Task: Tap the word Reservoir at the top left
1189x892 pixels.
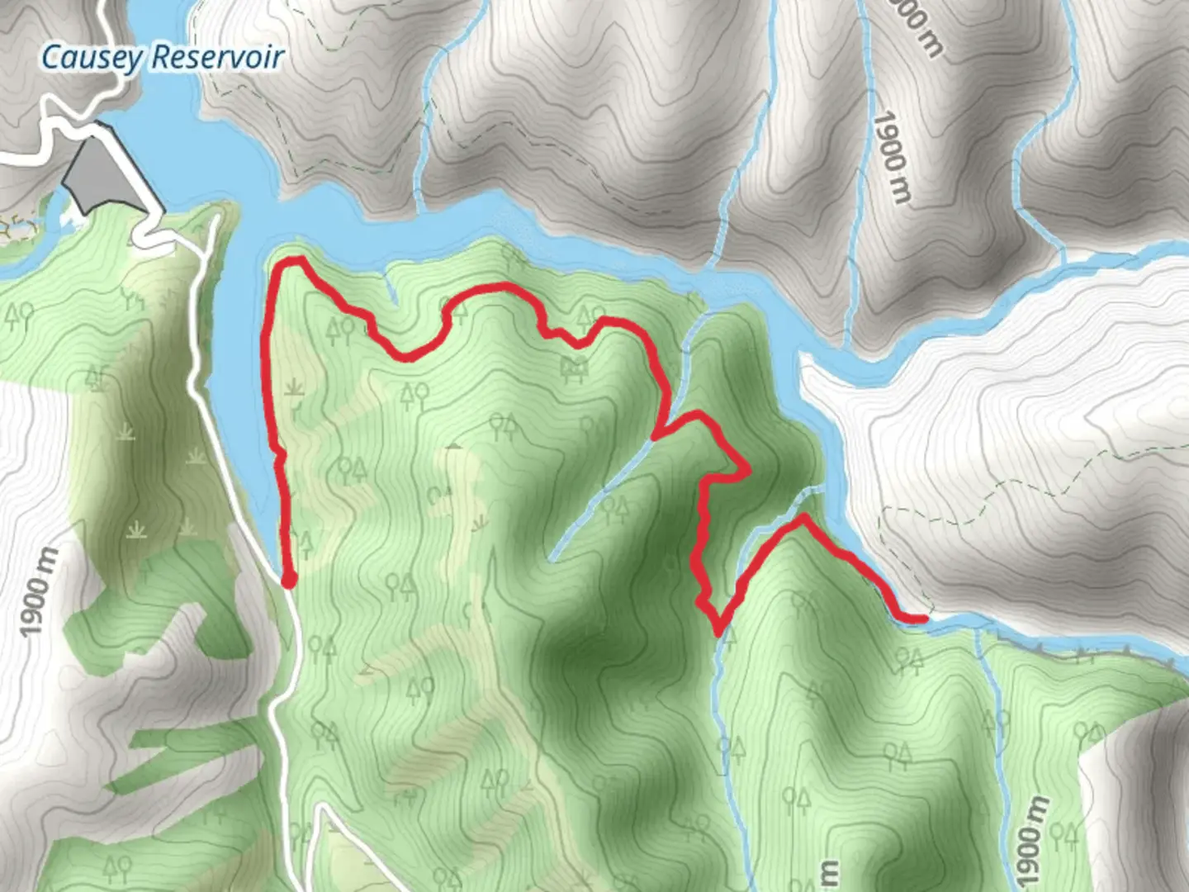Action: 218,58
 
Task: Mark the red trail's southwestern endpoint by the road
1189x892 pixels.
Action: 289,581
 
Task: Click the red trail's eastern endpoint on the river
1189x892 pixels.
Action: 923,618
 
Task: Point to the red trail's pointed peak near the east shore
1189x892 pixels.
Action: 802,518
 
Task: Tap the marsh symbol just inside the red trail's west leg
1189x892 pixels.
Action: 294,387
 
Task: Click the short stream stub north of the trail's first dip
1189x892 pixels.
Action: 390,290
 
